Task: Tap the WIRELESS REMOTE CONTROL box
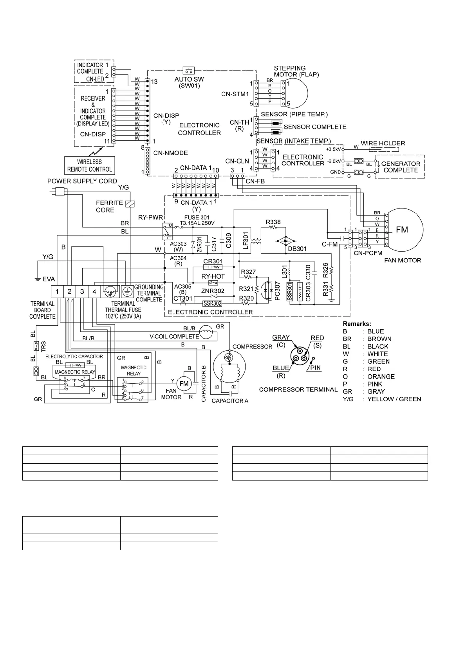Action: coord(90,165)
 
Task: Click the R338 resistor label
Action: coord(273,222)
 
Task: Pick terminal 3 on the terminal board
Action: coord(82,291)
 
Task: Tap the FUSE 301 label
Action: coord(197,218)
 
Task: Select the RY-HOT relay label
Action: coord(213,276)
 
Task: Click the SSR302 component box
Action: coord(212,303)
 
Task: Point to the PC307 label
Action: coord(277,291)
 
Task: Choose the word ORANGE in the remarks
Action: coord(381,377)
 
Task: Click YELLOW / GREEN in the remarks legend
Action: coord(394,399)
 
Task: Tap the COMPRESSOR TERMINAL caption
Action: coord(298,390)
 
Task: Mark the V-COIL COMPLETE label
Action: coord(174,336)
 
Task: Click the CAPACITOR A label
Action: coord(230,401)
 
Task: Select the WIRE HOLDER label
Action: coord(383,143)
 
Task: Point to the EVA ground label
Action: coord(49,279)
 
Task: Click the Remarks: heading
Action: coord(356,324)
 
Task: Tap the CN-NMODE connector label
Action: coord(170,153)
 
